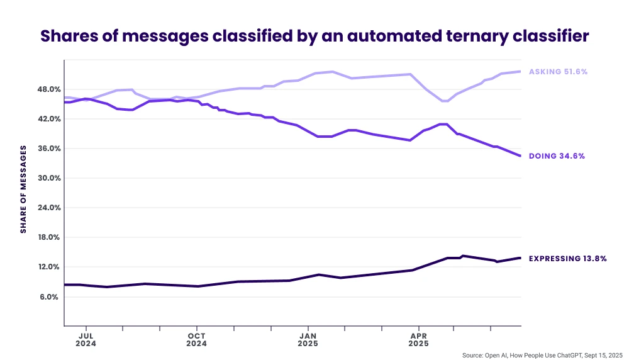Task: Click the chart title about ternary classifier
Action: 314,36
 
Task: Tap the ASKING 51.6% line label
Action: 558,72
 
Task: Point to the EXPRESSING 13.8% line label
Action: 567,258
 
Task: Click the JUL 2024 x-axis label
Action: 86,339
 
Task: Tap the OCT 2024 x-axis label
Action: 197,339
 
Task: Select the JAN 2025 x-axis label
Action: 308,339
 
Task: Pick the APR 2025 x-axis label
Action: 418,339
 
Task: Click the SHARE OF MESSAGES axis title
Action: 23,189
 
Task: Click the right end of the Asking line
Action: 520,72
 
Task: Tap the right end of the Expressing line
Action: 520,258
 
